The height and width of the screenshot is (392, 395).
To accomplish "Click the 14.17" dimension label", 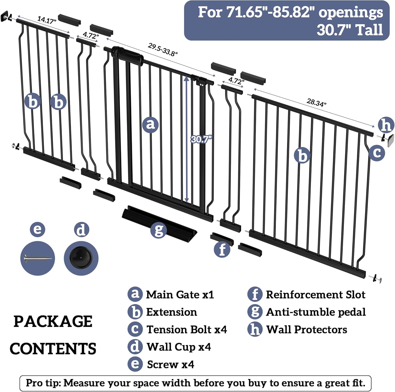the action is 47,20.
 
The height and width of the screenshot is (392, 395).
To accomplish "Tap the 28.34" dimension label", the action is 316,102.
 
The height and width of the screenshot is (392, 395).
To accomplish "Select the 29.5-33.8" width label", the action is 162,49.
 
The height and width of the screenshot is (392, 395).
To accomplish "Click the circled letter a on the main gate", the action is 150,124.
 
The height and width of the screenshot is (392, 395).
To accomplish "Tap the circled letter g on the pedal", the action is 159,230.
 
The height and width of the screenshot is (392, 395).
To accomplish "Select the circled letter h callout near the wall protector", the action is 386,125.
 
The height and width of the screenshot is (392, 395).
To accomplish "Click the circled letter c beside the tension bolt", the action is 377,153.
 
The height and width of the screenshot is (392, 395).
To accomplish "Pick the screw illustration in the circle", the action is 38,258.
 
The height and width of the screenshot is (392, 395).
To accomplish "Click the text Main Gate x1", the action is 180,295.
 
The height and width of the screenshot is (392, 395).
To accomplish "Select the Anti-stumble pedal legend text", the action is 316,312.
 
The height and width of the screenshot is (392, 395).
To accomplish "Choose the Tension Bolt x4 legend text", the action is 187,329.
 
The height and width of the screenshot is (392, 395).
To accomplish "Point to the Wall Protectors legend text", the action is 307,329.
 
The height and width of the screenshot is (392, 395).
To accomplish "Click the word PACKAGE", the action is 53,321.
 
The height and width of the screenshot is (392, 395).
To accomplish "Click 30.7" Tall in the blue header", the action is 350,30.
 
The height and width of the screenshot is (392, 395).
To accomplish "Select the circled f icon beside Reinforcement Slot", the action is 255,294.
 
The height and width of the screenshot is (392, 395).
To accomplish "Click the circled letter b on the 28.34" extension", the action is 302,155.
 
